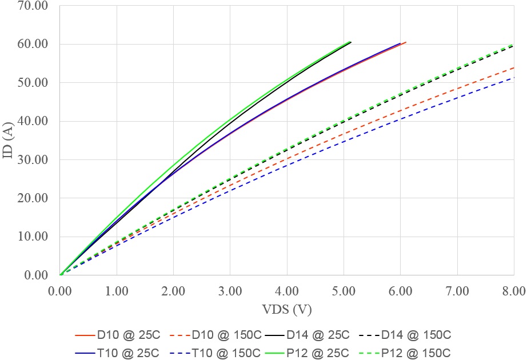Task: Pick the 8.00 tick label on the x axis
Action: click(x=513, y=291)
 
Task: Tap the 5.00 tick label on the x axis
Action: click(x=344, y=291)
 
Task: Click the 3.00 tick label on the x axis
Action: click(x=230, y=291)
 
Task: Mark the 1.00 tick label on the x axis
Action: click(x=117, y=291)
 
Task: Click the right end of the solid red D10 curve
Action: click(x=406, y=42)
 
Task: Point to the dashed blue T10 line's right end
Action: click(x=514, y=78)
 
